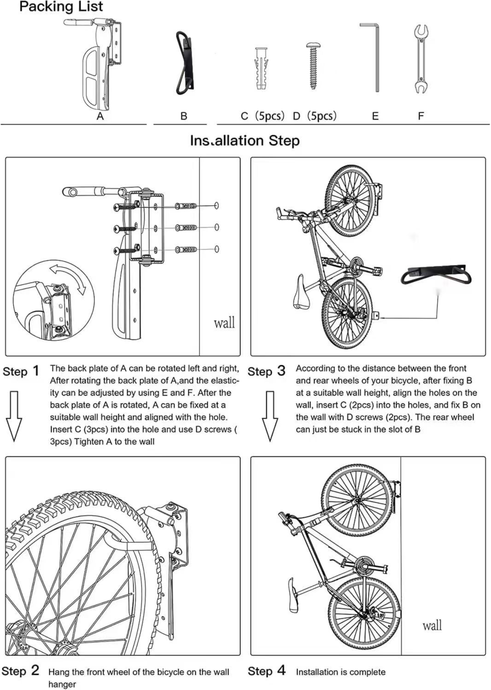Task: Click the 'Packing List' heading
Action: pos(61,7)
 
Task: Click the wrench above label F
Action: pos(420,59)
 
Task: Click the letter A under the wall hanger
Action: pos(100,117)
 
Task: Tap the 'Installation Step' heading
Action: pos(245,140)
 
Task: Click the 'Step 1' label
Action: pos(21,371)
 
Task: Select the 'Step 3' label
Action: pos(266,371)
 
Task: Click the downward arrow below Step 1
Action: pos(14,415)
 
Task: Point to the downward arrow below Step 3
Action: pos(270,415)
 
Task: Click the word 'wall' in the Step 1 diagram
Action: pos(224,322)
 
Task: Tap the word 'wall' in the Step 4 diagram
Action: pos(432,625)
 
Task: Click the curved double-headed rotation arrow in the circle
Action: pos(69,278)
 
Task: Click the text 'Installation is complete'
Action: pos(340,672)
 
